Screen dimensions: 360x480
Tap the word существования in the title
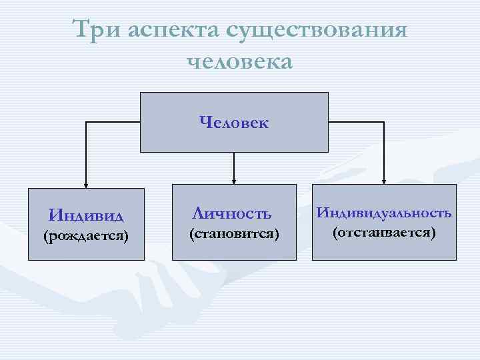point(317,31)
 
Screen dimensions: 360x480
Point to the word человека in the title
point(240,61)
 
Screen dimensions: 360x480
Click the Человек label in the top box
point(233,122)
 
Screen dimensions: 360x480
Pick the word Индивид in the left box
point(87,215)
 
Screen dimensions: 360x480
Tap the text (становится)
point(233,235)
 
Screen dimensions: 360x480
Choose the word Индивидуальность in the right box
point(383,213)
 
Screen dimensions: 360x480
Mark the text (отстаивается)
point(383,233)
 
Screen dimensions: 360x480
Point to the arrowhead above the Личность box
point(233,179)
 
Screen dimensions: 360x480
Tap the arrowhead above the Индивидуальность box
point(383,179)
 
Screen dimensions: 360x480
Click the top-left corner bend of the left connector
point(85,123)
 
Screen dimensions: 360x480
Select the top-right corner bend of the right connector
point(383,123)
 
